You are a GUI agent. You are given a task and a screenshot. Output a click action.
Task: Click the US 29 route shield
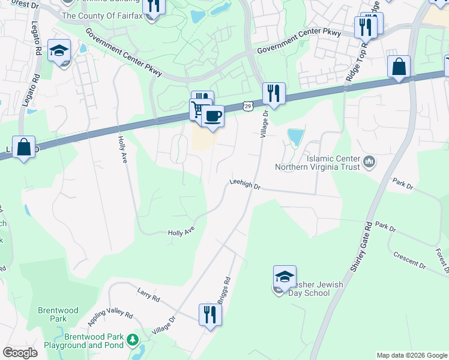coord(247,106)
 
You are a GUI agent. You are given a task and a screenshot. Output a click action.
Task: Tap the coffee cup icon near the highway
coord(212,115)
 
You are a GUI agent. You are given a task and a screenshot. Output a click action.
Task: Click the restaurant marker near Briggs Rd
coord(209,314)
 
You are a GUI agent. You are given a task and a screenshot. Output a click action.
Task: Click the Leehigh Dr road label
coord(245,186)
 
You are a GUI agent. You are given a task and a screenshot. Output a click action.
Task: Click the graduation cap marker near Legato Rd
coord(59,50)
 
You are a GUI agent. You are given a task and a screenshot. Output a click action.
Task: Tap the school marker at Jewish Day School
coord(285,277)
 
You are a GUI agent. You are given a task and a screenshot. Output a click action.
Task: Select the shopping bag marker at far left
coord(23,147)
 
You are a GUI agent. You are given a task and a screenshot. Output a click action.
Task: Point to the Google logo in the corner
coord(20,352)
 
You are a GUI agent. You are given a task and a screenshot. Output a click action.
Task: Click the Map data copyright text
coord(411,355)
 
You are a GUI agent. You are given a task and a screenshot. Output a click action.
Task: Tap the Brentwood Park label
coord(58,314)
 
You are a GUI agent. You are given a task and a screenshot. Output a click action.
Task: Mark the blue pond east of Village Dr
coord(295,138)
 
